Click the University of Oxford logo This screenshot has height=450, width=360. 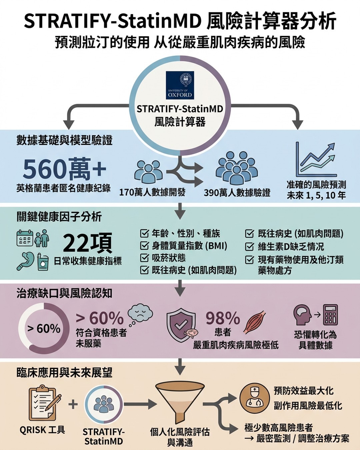pyautogui.click(x=180, y=85)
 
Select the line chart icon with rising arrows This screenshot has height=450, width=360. pyautogui.click(x=316, y=160)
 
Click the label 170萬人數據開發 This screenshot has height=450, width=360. pyautogui.click(x=152, y=193)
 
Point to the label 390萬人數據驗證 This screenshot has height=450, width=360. pyautogui.click(x=237, y=193)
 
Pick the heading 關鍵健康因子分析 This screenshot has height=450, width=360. pyautogui.click(x=59, y=217)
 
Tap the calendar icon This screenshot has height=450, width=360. pyautogui.click(x=25, y=238)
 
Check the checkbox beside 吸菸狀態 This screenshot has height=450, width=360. pyautogui.click(x=144, y=258)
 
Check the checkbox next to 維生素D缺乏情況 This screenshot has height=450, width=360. pyautogui.click(x=249, y=247)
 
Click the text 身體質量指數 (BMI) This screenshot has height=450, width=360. pyautogui.click(x=189, y=246)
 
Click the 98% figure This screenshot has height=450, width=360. pyautogui.click(x=223, y=318)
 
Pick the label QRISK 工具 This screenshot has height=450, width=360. pyautogui.click(x=42, y=430)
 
